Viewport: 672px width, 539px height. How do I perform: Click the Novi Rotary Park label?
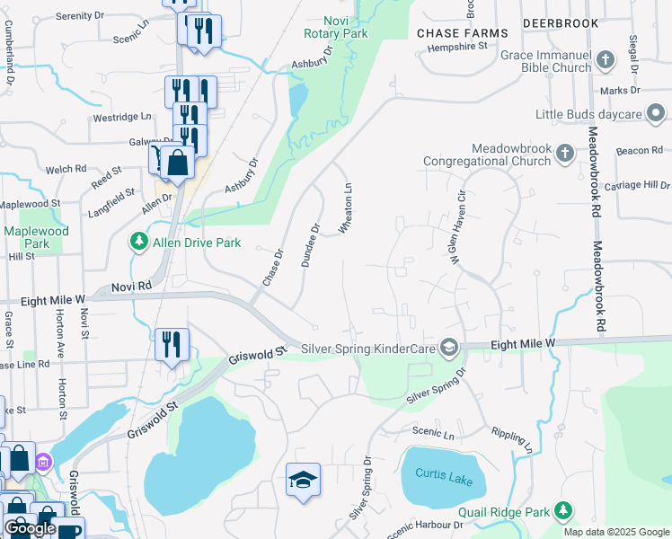tap(336, 26)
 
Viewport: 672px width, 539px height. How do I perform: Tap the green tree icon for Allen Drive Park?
tap(138, 242)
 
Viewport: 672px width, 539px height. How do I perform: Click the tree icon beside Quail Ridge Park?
tap(563, 511)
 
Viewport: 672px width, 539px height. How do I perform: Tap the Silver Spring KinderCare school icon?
tap(450, 348)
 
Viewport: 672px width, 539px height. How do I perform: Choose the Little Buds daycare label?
tap(588, 114)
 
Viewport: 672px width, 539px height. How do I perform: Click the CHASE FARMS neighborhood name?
tap(463, 33)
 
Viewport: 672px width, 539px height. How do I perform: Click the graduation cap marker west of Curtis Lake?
tap(304, 480)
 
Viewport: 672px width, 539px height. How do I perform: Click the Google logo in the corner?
tap(30, 528)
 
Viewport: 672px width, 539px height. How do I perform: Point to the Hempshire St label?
tap(456, 44)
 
